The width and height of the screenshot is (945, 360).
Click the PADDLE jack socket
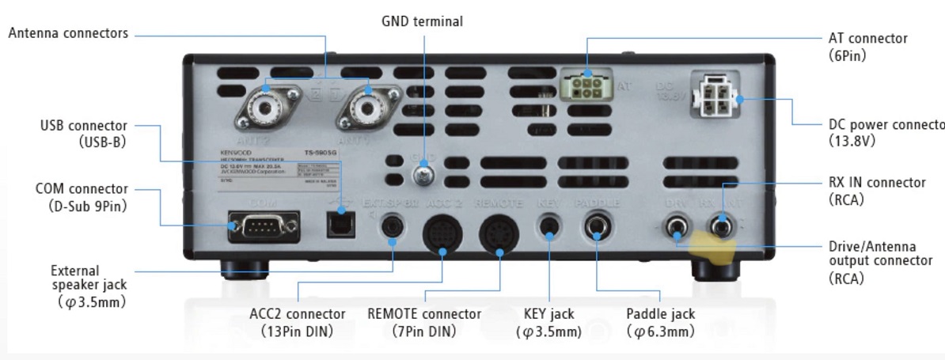point(597,229)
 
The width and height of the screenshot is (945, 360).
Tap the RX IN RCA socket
point(721,229)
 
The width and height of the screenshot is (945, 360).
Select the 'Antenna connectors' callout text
point(69,33)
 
